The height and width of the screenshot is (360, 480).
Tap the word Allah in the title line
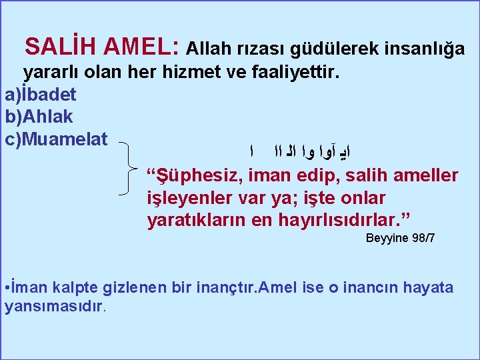[207, 49]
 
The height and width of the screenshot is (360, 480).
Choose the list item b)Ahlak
[39, 117]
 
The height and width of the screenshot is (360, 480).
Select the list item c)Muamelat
[55, 139]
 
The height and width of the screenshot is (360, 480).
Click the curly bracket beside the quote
[131, 169]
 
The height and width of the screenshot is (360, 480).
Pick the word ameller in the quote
[425, 176]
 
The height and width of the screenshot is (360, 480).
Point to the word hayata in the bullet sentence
[431, 288]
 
